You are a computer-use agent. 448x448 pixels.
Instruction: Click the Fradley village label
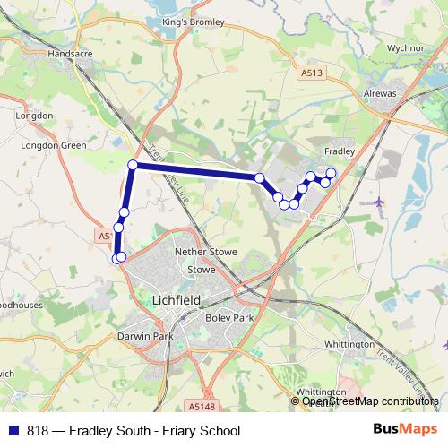pyautogui.click(x=339, y=151)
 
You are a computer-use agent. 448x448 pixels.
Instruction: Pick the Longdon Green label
pyautogui.click(x=42, y=144)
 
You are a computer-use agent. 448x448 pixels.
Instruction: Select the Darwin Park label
pyautogui.click(x=143, y=336)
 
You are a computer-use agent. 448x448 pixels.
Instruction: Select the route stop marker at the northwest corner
pyautogui.click(x=133, y=164)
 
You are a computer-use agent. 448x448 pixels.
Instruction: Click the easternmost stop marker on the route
pyautogui.click(x=331, y=172)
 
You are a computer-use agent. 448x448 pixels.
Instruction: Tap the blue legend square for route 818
pyautogui.click(x=13, y=431)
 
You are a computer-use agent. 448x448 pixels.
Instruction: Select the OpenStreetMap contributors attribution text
pyautogui.click(x=370, y=401)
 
